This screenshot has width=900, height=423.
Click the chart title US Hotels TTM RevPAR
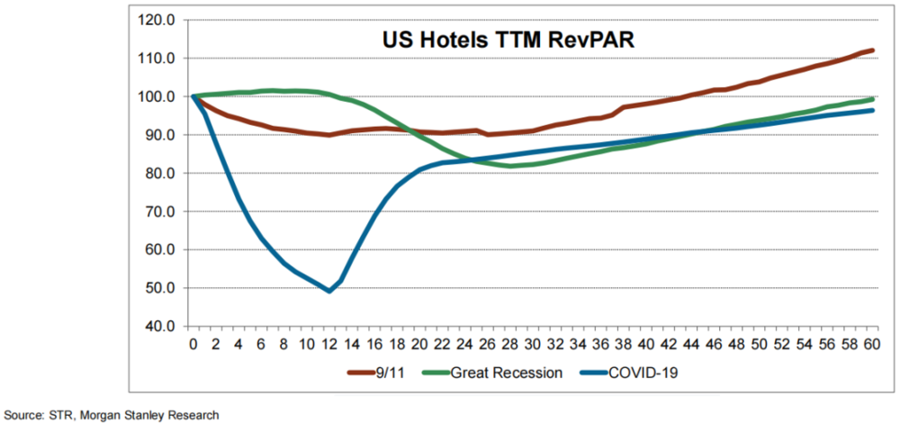click(x=510, y=40)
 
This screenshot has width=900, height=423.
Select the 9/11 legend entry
click(x=377, y=370)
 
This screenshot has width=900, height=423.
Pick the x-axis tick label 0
click(x=194, y=344)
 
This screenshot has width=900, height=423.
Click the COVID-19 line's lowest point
click(x=329, y=291)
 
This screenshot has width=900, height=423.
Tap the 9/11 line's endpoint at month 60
click(x=872, y=50)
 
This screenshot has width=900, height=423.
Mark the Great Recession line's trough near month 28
click(x=510, y=166)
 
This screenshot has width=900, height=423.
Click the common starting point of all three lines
click(x=194, y=96)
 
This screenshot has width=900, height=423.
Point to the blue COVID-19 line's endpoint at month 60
click(x=872, y=111)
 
